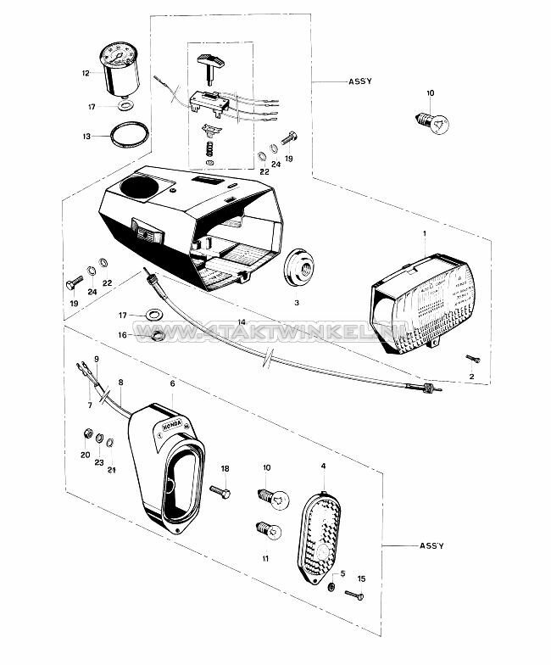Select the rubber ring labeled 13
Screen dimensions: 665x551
coord(130,135)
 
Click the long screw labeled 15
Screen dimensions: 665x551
coord(356,596)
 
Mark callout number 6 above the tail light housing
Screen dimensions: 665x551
coord(173,383)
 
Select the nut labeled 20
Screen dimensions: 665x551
coord(86,434)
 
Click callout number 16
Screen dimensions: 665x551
coord(122,336)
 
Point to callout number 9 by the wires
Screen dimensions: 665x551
coord(97,359)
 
